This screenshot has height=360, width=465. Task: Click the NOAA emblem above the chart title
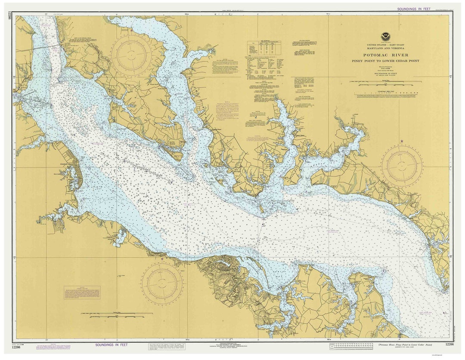point(384,37)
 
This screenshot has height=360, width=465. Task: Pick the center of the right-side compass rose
point(402,166)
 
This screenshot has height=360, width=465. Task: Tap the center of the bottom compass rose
point(162,284)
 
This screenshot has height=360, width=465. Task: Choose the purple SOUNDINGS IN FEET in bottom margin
point(117,344)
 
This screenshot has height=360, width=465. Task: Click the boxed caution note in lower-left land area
point(82,292)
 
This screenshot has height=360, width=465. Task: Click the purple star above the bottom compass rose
point(162,259)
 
